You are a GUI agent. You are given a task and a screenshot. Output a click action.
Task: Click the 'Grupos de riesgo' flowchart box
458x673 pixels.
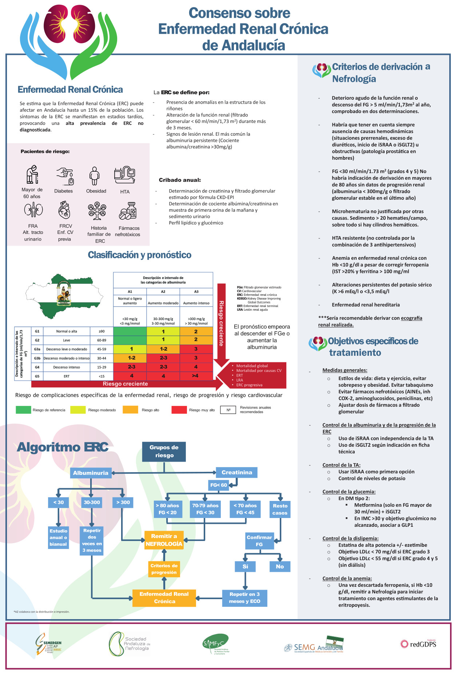(164, 451)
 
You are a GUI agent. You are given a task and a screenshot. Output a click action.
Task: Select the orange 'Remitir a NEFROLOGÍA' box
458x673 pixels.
(164, 540)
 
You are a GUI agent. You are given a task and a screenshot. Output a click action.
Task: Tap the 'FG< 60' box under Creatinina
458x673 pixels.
(218, 485)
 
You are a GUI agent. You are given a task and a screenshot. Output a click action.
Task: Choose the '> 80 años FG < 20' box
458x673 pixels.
(167, 509)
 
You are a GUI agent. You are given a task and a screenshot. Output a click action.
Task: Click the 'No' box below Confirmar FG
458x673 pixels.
(280, 566)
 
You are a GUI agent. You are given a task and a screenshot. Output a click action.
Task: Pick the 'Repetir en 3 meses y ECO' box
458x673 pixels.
(244, 598)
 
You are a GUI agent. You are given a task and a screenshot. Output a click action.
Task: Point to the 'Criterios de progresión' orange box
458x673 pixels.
(164, 569)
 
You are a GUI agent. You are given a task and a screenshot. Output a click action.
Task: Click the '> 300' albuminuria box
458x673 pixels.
(123, 502)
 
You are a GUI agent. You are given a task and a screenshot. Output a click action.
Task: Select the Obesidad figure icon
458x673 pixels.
(95, 176)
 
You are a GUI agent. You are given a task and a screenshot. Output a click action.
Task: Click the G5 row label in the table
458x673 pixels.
(37, 376)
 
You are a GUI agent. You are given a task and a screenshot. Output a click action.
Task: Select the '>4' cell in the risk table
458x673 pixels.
(196, 376)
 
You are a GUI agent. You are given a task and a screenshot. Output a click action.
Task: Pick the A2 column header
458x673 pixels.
(163, 291)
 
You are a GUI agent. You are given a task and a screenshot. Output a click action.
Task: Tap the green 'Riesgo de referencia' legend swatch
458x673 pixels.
(23, 410)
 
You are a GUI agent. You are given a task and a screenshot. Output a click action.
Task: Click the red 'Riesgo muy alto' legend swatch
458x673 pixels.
(179, 410)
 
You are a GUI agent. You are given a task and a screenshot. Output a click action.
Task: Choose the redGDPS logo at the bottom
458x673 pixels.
(418, 644)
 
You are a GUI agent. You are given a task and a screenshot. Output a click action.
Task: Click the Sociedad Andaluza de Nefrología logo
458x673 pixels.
(130, 644)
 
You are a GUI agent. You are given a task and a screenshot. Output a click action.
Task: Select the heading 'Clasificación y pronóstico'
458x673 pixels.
(139, 255)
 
